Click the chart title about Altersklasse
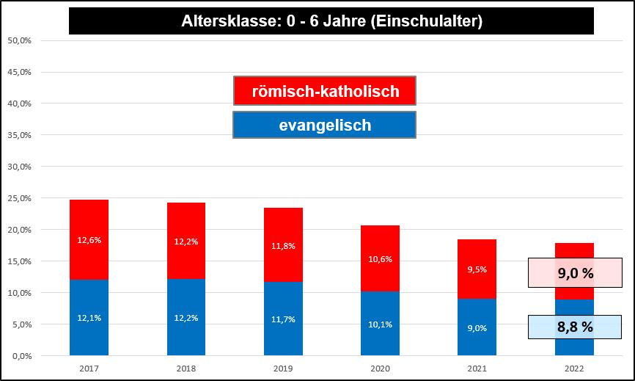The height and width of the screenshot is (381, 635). (331, 21)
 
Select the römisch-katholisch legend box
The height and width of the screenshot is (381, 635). (325, 91)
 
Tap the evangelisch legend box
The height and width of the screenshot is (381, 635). (325, 125)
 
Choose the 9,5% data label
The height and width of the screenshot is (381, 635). (477, 269)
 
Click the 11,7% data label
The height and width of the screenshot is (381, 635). (283, 318)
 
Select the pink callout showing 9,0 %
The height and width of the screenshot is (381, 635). (575, 273)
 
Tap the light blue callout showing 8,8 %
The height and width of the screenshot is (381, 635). (575, 327)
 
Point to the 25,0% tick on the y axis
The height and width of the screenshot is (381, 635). (19, 198)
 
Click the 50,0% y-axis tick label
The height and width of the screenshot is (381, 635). (19, 40)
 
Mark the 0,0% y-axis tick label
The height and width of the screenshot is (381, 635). (21, 356)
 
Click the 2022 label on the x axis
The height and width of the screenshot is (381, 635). (574, 367)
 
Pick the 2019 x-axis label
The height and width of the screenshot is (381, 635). (283, 367)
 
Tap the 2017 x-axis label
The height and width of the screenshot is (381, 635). (89, 367)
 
